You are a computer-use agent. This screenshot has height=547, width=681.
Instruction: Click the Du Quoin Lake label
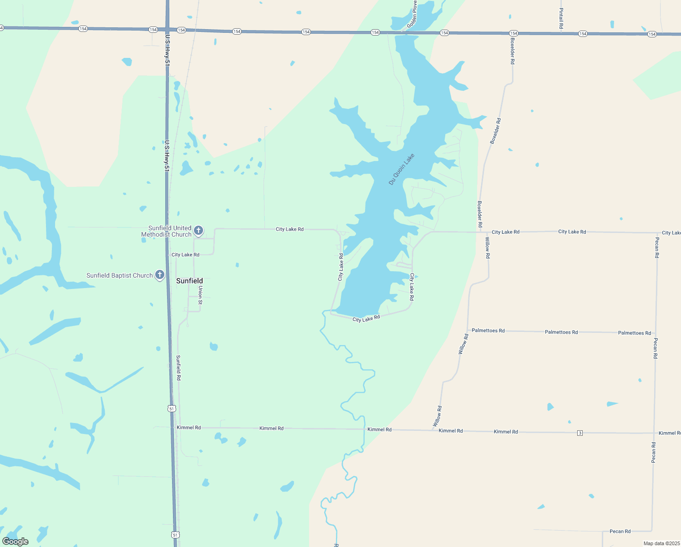(x=401, y=169)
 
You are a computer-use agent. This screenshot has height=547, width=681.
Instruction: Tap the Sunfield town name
(x=189, y=281)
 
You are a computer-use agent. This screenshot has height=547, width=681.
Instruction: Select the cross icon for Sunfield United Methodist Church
(x=198, y=231)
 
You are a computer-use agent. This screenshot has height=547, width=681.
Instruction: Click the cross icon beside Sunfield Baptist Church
(x=160, y=275)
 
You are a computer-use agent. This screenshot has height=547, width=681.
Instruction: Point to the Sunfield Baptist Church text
(x=119, y=275)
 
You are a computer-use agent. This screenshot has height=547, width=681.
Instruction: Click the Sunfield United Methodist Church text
(x=167, y=231)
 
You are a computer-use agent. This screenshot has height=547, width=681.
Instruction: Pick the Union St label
(x=200, y=295)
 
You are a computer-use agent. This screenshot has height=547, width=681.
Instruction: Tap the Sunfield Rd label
(x=179, y=367)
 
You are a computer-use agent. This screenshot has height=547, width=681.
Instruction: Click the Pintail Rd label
(x=561, y=19)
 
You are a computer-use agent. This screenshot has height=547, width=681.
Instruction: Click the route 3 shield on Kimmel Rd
(x=580, y=433)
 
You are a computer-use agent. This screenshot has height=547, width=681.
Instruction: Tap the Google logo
(x=15, y=542)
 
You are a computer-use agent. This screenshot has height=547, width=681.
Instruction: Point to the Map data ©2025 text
(x=661, y=543)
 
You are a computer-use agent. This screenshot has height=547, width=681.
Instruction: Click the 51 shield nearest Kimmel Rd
(x=172, y=408)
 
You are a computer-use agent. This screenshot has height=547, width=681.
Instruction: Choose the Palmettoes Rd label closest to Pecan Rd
(x=634, y=333)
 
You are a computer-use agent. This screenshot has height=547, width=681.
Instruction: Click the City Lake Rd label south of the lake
(x=366, y=319)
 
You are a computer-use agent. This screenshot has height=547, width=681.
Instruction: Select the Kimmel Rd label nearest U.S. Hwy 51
(x=188, y=428)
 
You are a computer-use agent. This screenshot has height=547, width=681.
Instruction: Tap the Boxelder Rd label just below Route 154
(x=513, y=51)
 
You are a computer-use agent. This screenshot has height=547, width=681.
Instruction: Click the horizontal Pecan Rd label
(x=620, y=531)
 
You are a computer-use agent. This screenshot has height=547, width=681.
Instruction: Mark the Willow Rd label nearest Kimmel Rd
(x=437, y=416)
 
